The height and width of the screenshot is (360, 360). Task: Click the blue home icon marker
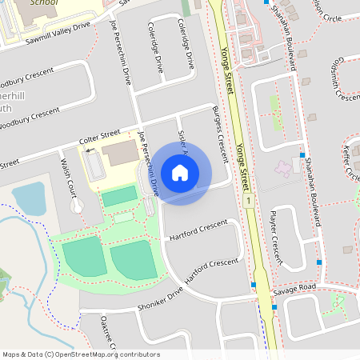180,172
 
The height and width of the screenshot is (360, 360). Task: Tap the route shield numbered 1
250,199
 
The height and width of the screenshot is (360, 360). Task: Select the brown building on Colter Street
119,154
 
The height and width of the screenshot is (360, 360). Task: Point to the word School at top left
44,2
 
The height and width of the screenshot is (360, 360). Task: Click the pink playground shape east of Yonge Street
284,169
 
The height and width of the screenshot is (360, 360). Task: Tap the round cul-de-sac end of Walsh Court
77,206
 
